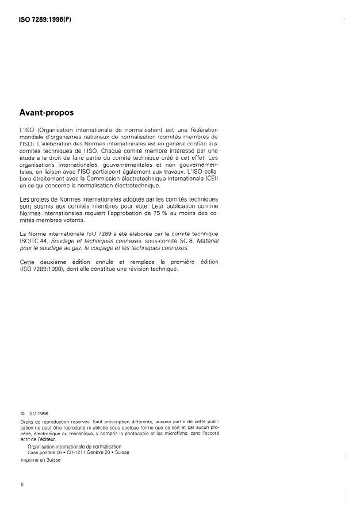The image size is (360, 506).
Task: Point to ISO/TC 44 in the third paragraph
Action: coord(33,241)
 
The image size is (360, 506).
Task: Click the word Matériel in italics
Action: coord(206,241)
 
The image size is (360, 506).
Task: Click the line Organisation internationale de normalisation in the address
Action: coord(75,446)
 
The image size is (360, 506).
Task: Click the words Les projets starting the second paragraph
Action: coord(36,198)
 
